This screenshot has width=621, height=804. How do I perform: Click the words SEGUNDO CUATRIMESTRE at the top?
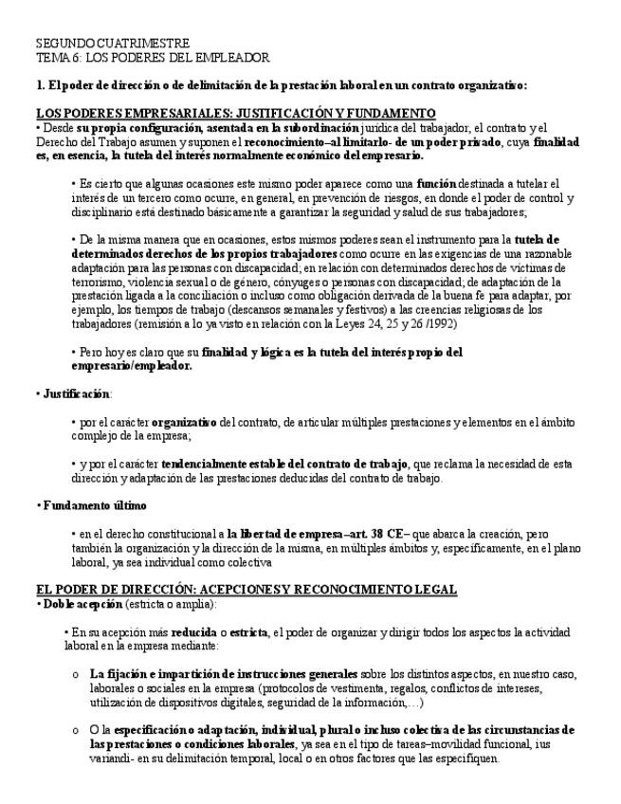112,44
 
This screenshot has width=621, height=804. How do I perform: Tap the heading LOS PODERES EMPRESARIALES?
127,113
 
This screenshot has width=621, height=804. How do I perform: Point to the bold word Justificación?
76,393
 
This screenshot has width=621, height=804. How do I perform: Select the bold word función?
437,183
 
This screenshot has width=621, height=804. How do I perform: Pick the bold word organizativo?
185,422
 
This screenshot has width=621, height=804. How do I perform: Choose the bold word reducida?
195,632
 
